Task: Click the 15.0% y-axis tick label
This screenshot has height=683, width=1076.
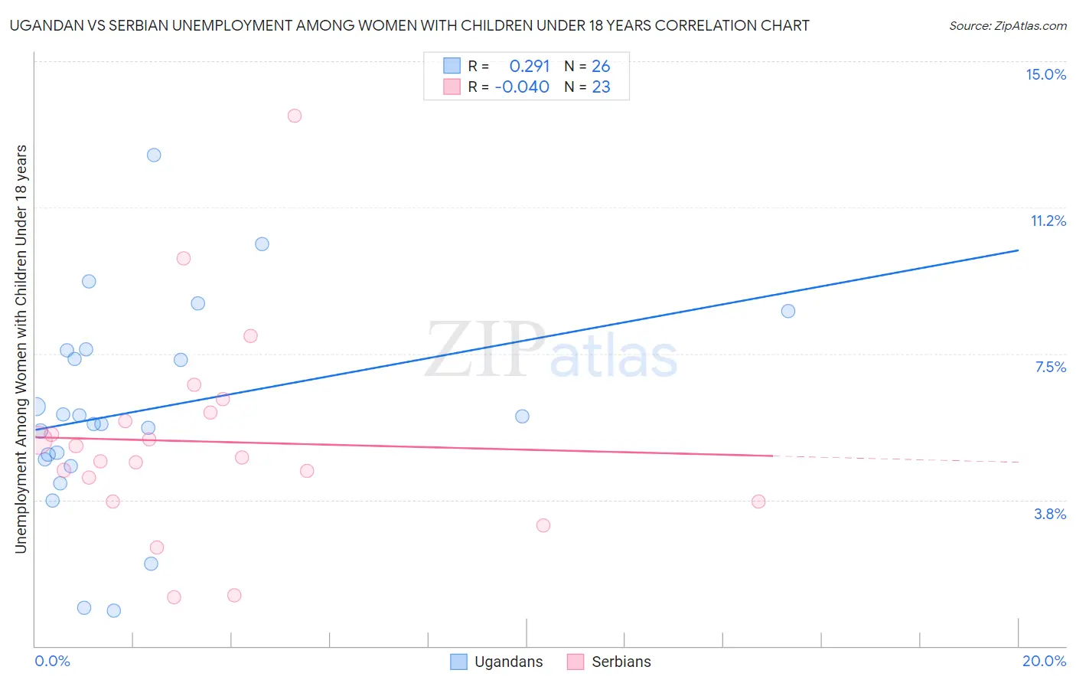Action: (1045, 74)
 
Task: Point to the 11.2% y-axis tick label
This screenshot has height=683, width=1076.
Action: (1048, 221)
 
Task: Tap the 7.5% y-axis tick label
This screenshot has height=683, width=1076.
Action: (1050, 368)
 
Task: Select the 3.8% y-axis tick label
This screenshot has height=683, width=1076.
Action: (1050, 514)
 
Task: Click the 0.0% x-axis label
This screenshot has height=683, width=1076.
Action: (52, 661)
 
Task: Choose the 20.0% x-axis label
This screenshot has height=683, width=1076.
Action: (1044, 661)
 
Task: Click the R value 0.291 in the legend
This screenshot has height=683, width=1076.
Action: (530, 67)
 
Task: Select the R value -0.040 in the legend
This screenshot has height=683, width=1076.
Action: (522, 87)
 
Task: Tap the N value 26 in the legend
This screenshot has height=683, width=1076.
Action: (601, 67)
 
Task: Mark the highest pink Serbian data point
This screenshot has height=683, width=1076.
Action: (295, 116)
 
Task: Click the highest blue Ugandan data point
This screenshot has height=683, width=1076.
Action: (154, 155)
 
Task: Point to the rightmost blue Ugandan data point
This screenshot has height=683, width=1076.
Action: (788, 311)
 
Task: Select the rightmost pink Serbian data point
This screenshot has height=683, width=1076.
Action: (758, 502)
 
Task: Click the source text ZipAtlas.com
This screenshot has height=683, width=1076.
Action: (1007, 26)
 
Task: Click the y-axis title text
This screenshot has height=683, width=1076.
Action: (21, 348)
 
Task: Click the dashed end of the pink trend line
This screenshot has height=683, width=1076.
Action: (895, 459)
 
